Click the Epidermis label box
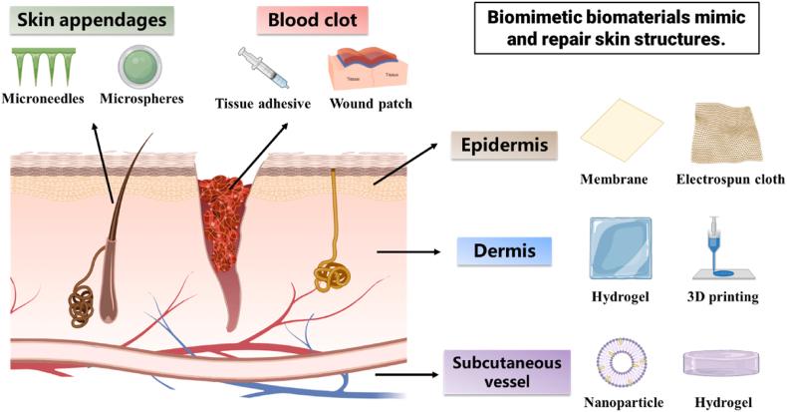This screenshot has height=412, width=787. pos(503,147)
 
